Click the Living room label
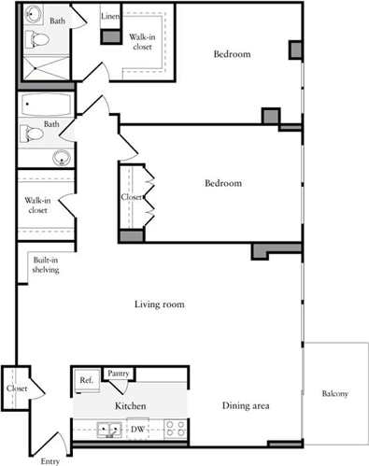[159, 304]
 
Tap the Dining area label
[247, 405]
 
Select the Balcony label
[334, 394]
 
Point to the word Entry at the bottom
[50, 460]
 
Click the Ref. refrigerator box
[86, 380]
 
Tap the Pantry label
[119, 373]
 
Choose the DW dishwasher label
[136, 430]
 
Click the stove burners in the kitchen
[175, 429]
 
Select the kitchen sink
[110, 430]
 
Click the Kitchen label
[129, 407]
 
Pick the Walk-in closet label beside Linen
[142, 41]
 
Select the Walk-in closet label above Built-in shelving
[37, 205]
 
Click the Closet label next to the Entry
[17, 388]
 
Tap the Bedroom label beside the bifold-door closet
[223, 183]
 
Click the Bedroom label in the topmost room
[232, 54]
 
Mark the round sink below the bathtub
[62, 157]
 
